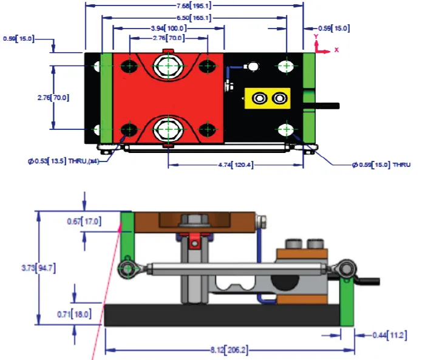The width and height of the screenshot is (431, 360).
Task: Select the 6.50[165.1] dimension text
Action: point(194,18)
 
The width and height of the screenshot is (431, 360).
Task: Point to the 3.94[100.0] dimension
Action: point(168,29)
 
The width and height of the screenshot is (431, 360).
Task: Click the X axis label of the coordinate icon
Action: point(336,49)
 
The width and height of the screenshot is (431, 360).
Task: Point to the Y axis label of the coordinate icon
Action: point(316,37)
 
